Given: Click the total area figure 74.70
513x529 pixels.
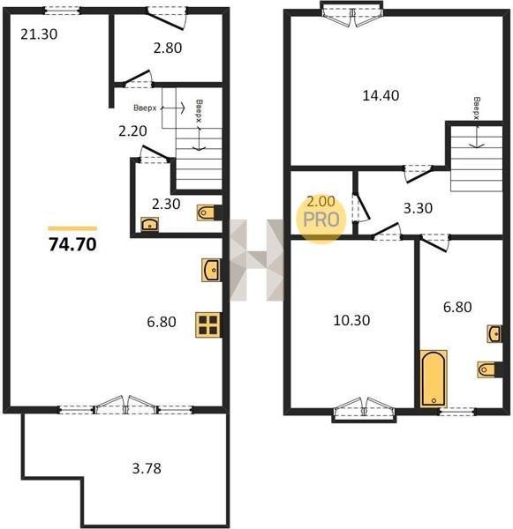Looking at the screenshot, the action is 72,244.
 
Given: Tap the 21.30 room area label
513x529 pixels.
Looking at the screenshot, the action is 39,34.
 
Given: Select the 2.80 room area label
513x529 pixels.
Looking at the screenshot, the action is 168,48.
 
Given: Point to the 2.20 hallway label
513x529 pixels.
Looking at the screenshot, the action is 132,130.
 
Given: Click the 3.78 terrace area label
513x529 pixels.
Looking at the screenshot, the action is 147,468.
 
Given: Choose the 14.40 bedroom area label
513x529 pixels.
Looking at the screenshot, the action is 381,95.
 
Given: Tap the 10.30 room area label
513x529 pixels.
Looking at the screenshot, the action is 351,320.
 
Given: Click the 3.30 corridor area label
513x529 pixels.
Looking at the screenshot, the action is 418,208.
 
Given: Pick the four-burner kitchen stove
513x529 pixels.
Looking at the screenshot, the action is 208,324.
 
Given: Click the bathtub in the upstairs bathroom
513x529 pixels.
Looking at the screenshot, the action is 434,378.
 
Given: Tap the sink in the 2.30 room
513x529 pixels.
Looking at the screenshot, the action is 150,224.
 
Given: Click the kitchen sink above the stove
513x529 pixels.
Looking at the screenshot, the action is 211,270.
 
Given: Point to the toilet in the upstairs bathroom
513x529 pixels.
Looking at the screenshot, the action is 488,369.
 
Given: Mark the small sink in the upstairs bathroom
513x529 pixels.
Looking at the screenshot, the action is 494,333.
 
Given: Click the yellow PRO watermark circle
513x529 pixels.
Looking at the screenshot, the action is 321,220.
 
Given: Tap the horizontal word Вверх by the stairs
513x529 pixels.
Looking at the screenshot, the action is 145,108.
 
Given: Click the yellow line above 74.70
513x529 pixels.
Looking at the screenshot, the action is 72,228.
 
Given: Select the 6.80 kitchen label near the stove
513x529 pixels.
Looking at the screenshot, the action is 162,322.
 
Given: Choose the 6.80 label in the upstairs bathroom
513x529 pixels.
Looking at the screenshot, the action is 457,307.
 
